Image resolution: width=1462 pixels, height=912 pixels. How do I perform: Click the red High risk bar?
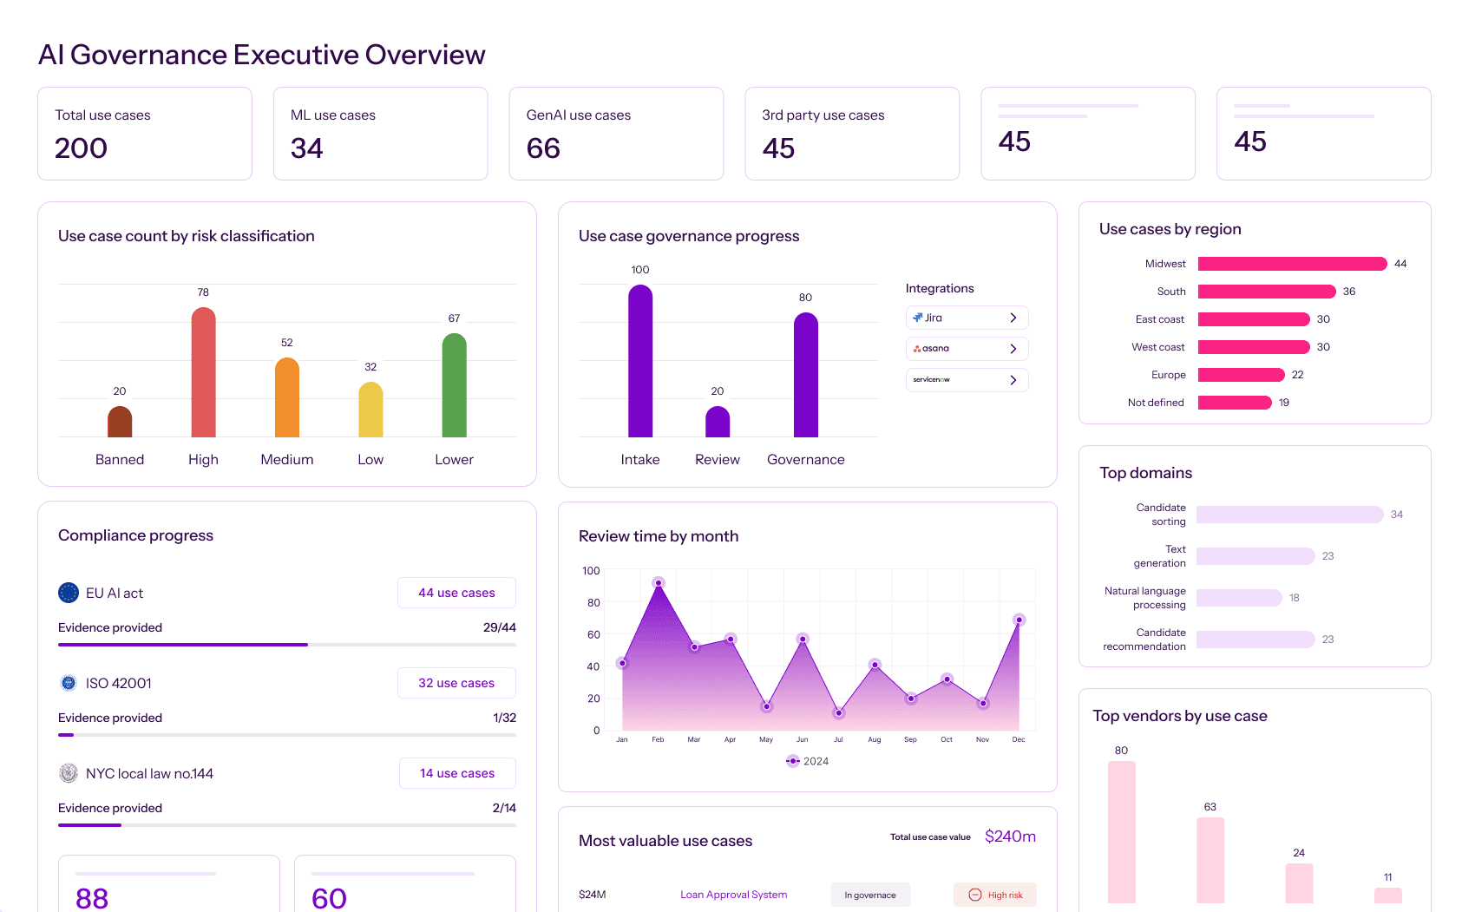pos(203,373)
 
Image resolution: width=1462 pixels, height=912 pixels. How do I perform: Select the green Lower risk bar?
pos(454,386)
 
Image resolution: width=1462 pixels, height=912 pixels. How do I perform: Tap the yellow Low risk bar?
pos(370,410)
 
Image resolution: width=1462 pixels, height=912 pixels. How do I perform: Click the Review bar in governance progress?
pos(718,422)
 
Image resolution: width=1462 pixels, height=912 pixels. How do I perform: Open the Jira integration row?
pos(967,318)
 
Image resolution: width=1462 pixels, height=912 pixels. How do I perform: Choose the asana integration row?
pos(967,349)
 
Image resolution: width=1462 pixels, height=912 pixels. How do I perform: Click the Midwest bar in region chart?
pos(1292,264)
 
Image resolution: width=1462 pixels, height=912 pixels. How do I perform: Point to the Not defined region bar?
pos(1234,403)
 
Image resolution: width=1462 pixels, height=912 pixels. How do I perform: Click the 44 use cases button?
pos(456,593)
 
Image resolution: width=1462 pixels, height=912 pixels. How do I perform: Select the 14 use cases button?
pos(457,773)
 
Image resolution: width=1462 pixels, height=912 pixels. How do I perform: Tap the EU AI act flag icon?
pos(69,593)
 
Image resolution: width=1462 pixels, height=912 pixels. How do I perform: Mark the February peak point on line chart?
pos(659,583)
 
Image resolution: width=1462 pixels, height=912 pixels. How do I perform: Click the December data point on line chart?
pos(1019,620)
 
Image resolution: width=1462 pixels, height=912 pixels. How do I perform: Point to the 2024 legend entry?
pos(807,761)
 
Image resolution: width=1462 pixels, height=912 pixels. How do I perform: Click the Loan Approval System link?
pos(733,895)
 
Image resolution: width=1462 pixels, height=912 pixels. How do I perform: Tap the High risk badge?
pos(995,895)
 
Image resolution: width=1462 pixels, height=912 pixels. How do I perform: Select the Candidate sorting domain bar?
pos(1289,515)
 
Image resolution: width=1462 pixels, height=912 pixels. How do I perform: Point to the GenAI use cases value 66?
pos(543,148)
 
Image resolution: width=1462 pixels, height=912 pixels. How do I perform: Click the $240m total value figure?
pos(1010,837)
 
